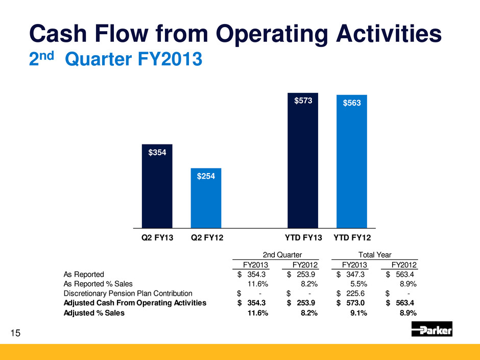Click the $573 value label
pos(303,101)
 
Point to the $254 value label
pos(206,176)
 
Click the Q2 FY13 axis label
pos(157,238)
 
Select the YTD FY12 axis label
pos(352,238)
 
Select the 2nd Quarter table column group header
pos(282,255)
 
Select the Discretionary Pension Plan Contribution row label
pos(128,293)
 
